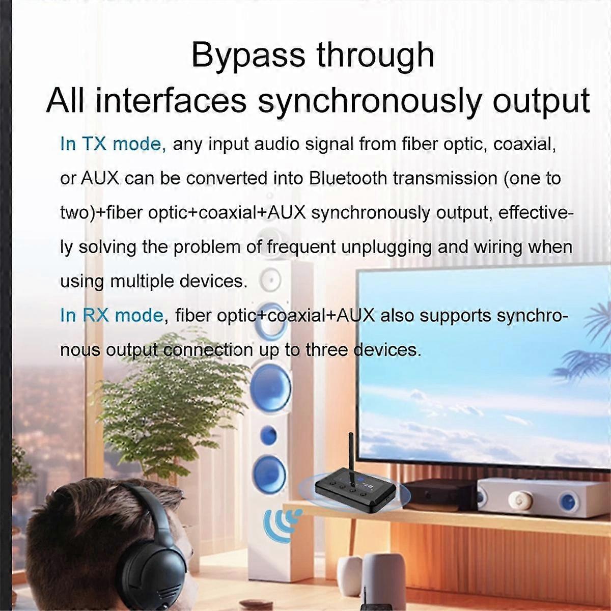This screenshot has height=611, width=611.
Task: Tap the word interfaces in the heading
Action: click(171, 100)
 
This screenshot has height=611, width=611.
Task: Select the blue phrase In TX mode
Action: click(113, 144)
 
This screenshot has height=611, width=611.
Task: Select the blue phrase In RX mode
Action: click(112, 316)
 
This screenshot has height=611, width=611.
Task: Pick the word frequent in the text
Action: click(301, 247)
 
